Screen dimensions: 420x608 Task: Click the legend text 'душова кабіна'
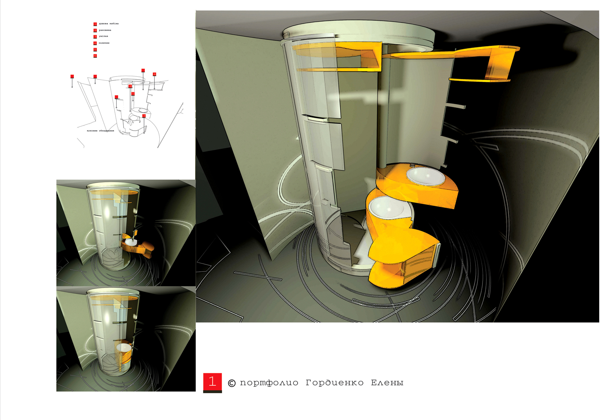[109, 24]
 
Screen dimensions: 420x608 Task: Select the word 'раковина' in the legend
[105, 30]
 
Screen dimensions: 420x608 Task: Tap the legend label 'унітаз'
[104, 36]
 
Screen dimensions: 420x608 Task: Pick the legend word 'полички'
[104, 43]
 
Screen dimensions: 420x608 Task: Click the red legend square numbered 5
[95, 50]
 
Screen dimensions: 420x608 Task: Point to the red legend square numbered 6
[95, 56]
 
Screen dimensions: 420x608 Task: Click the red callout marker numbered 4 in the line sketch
[154, 74]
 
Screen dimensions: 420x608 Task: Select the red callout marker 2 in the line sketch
[130, 86]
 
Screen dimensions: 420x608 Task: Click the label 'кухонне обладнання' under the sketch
[101, 131]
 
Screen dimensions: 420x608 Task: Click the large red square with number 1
[213, 382]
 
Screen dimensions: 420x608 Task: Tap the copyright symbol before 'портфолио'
[232, 383]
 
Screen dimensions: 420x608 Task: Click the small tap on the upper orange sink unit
[413, 165]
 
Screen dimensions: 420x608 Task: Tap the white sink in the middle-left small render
[130, 242]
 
